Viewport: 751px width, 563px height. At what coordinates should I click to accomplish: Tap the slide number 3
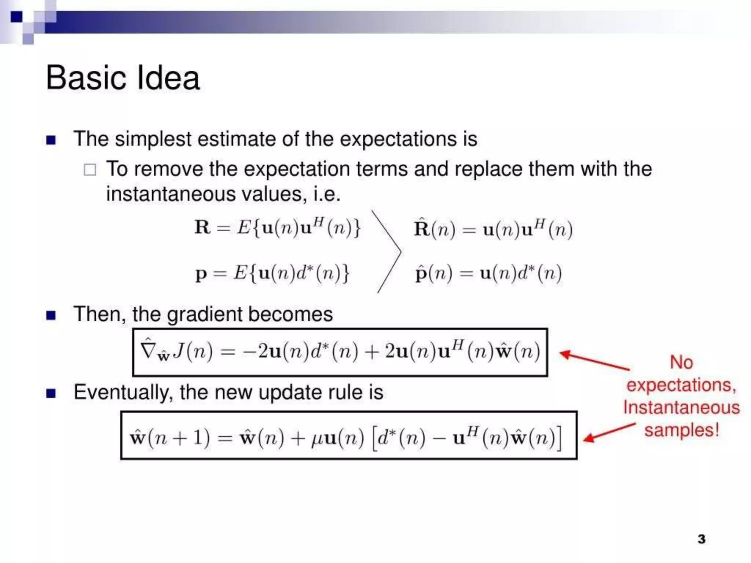(x=701, y=539)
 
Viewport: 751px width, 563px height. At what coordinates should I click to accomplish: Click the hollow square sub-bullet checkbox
(x=90, y=170)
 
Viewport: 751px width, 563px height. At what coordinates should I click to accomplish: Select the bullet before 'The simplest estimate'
(x=51, y=140)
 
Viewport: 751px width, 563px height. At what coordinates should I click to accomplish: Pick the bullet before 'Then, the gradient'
(x=51, y=315)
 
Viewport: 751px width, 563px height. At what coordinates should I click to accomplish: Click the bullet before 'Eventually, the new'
(x=51, y=393)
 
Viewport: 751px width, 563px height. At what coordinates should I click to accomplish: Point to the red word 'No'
(x=681, y=362)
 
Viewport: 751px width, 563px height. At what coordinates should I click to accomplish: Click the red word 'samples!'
(x=682, y=430)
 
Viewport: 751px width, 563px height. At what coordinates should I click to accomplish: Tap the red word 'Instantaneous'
(x=681, y=407)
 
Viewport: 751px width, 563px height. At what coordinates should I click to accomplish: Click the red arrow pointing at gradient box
(x=594, y=360)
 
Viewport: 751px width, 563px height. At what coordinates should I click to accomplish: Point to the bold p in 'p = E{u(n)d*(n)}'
(x=201, y=274)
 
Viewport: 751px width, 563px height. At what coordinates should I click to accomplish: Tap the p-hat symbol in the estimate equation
(x=420, y=273)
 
